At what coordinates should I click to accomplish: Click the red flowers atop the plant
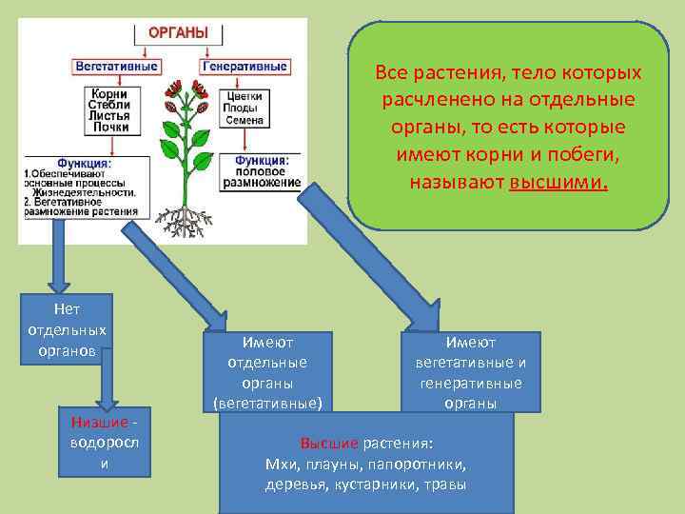[186, 96]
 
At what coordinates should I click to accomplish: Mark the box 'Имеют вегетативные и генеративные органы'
[471, 371]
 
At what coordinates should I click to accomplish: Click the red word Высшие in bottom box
[329, 444]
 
